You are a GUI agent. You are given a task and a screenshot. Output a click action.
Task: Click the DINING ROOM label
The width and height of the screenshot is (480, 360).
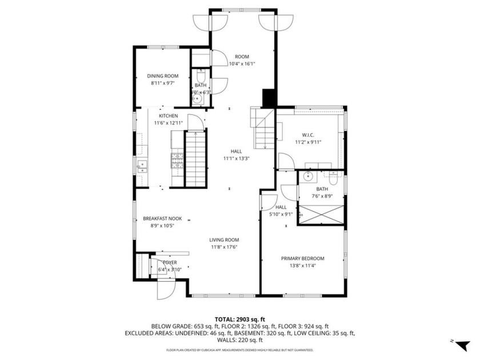tap(163, 76)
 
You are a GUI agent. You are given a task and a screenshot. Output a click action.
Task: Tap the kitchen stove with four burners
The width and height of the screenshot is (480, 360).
tap(177, 160)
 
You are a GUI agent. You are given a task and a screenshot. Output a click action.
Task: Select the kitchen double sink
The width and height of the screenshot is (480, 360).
tap(142, 166)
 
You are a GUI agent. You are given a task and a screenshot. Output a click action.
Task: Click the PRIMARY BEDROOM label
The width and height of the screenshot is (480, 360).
tap(302, 258)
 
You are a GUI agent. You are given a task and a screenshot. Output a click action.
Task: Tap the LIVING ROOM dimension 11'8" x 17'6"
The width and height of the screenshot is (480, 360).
tap(223, 247)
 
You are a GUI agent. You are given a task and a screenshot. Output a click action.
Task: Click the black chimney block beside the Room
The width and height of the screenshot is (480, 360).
tap(269, 98)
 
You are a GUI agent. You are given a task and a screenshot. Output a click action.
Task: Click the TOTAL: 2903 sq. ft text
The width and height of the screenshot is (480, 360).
tap(239, 319)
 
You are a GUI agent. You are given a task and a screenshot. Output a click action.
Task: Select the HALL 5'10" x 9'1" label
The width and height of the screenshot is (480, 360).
tap(281, 211)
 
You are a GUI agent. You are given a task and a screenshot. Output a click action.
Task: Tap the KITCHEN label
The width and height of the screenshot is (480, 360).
tap(160, 116)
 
